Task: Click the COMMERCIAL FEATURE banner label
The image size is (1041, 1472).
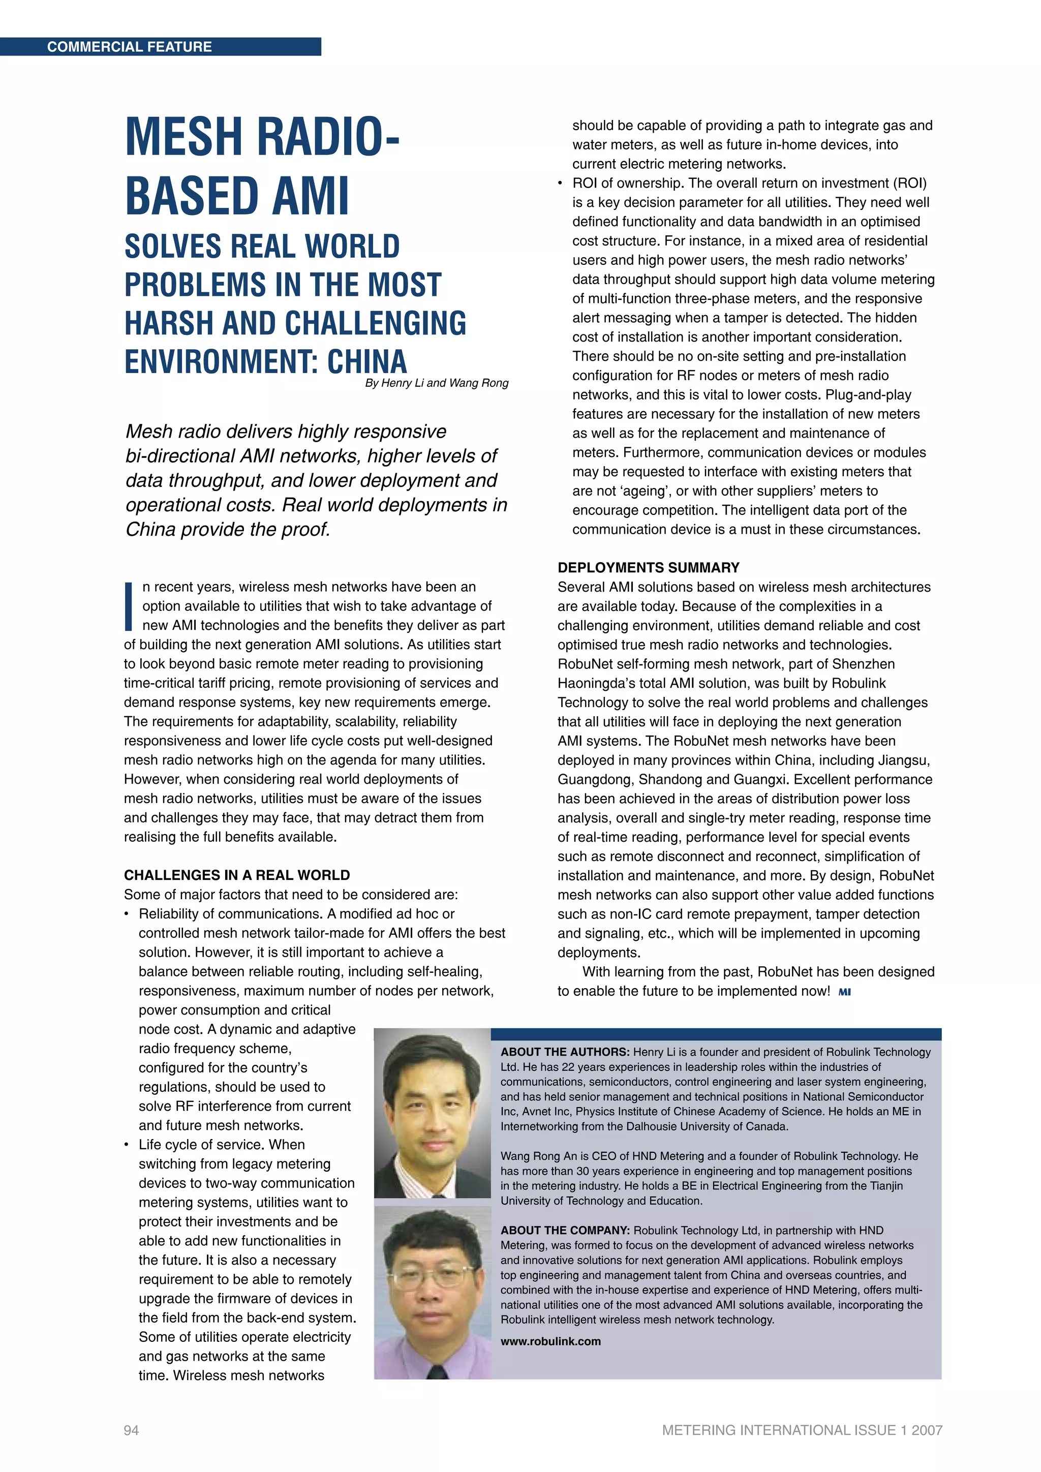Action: tap(130, 47)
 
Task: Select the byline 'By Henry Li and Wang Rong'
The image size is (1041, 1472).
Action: tap(437, 383)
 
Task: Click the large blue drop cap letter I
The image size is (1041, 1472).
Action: tap(129, 606)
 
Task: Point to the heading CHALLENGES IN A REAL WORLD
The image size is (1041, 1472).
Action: tap(236, 875)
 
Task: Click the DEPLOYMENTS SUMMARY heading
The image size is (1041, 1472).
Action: tap(648, 567)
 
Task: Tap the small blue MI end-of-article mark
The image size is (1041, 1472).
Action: tap(844, 992)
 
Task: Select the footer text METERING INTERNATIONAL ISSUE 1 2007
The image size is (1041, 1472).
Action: tap(802, 1430)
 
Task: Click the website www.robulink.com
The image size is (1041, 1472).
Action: tap(550, 1341)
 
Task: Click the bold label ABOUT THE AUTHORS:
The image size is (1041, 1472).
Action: tap(565, 1052)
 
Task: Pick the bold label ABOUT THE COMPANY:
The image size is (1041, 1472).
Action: tap(565, 1230)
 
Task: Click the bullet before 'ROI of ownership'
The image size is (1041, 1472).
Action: tap(560, 184)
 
